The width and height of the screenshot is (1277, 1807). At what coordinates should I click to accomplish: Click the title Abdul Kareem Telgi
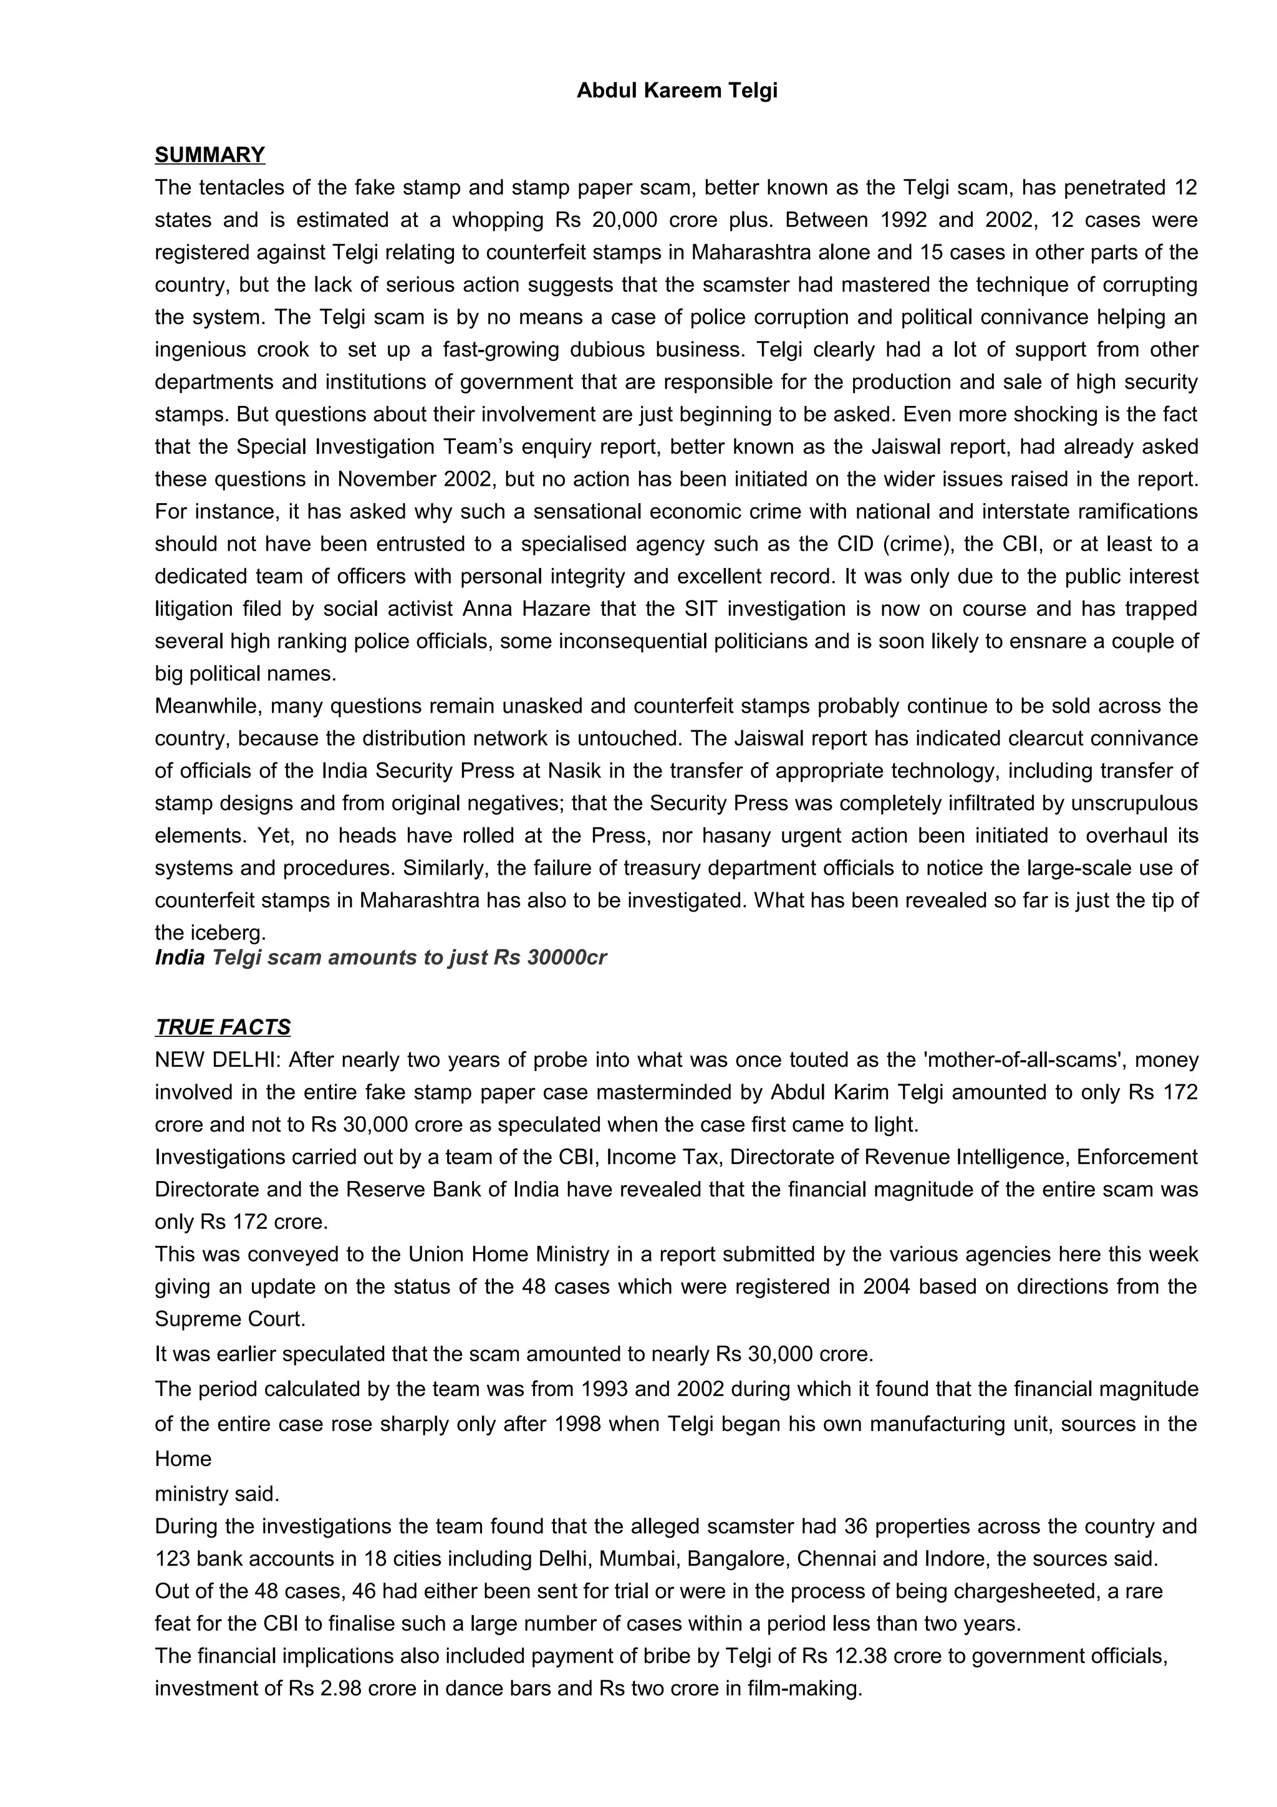pos(677,90)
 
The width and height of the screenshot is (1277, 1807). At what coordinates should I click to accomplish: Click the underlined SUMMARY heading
pos(210,155)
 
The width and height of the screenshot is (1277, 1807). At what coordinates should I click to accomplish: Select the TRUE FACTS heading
pos(223,1027)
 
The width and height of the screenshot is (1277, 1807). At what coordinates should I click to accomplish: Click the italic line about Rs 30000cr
pos(381,958)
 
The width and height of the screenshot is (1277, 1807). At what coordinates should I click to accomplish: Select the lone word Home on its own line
pos(183,1459)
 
